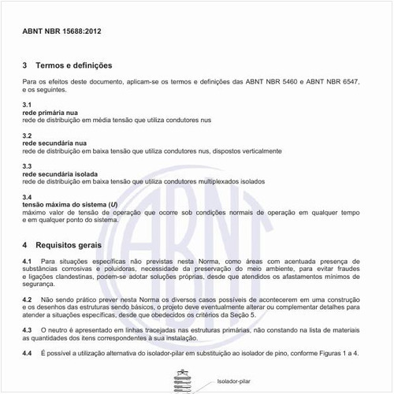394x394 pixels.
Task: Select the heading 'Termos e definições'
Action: (x=72, y=65)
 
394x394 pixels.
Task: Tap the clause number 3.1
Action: (x=27, y=105)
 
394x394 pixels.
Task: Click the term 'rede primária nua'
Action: (x=50, y=113)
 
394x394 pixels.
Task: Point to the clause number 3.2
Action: (x=27, y=136)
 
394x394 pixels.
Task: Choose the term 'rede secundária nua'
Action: (x=54, y=143)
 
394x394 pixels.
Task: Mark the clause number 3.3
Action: (x=27, y=166)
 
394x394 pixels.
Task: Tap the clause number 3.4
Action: (x=27, y=197)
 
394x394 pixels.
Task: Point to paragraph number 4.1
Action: (x=28, y=261)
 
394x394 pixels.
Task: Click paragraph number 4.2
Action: (x=28, y=299)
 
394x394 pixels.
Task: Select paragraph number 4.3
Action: (x=28, y=329)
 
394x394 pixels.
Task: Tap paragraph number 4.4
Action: (x=28, y=352)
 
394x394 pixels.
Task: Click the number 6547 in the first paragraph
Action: (x=346, y=81)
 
